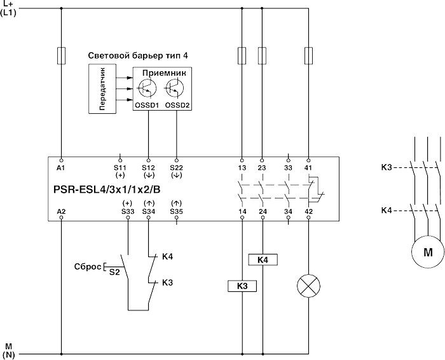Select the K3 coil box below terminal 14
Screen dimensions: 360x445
pos(242,287)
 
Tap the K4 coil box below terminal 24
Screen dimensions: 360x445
pos(262,260)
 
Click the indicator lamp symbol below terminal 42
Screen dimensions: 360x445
pos(308,287)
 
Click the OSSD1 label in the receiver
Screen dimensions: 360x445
pos(147,105)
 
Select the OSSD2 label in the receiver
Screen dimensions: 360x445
pos(177,105)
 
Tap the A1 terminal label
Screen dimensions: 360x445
pos(61,167)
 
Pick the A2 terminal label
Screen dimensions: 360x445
pos(61,210)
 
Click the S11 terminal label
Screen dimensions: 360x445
pos(119,167)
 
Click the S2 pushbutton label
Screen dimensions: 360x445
pos(114,271)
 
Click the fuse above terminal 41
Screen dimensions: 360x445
pos(308,56)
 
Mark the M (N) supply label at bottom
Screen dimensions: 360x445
pos(8,350)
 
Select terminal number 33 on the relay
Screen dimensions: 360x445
pos(289,167)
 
